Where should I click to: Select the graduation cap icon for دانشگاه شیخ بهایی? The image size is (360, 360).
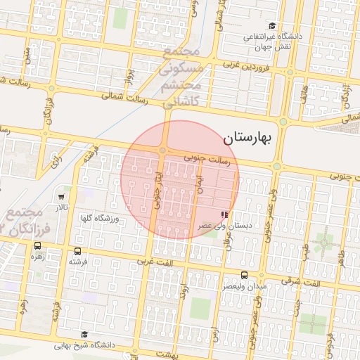pyautogui.click(x=85, y=335)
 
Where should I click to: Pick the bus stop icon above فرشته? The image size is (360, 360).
pyautogui.click(x=77, y=250)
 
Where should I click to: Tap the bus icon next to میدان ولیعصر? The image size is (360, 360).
pyautogui.click(x=244, y=275)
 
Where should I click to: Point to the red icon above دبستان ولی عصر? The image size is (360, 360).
pyautogui.click(x=224, y=214)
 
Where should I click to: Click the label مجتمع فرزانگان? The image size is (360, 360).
pyautogui.click(x=25, y=219)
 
